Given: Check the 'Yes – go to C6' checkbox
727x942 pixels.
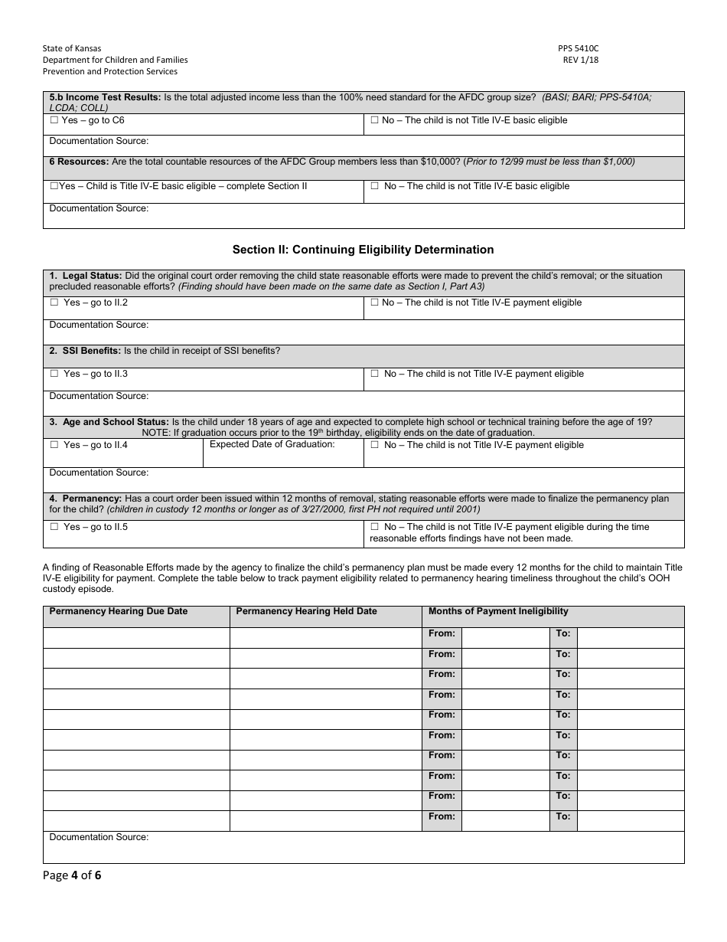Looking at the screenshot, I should coord(54,121).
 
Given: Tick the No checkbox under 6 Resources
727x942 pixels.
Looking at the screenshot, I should coord(375,186).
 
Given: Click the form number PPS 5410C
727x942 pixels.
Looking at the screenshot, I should coord(578,48).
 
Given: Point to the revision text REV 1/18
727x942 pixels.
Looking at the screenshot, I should coord(581,60).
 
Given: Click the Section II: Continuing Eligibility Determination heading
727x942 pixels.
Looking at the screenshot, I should coord(363,250).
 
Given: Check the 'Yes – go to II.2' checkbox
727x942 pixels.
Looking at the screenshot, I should coord(54,303).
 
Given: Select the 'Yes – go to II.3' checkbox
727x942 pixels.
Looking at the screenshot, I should coord(54,375).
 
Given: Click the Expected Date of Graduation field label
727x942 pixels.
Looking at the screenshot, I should coord(272,444).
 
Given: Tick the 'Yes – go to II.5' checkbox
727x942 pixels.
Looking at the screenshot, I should coord(54,528).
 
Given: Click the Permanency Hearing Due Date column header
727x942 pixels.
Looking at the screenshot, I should coord(118,611).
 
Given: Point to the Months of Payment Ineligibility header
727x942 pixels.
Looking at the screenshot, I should coord(497,611).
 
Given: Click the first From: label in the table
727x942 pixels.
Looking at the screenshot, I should coord(442,633).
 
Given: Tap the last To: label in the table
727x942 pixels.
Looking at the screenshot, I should coord(562,816).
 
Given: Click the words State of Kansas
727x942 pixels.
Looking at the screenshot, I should coord(72,48).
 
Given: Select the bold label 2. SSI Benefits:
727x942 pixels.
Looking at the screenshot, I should coord(85,351).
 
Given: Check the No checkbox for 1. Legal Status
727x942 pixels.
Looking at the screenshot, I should coord(375,303).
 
